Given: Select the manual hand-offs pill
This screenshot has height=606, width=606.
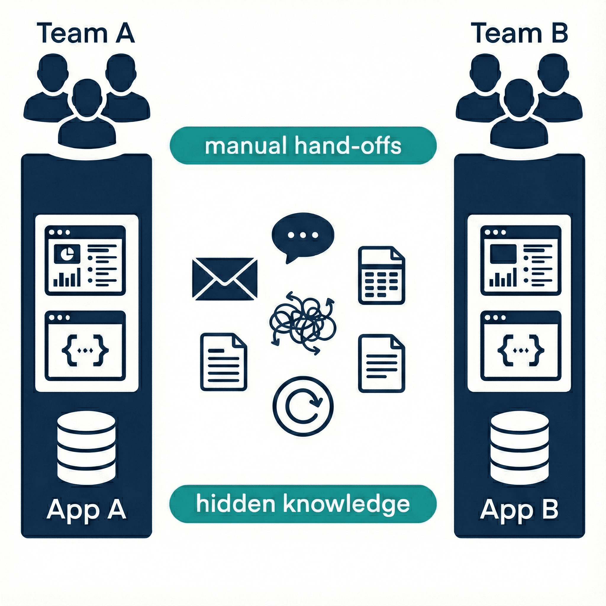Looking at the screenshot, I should pos(303,146).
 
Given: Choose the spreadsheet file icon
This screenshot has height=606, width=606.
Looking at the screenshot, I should pos(381,276).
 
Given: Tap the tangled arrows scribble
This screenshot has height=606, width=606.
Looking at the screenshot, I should pos(303,323).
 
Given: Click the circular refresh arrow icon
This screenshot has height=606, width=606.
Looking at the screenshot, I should pos(303,406).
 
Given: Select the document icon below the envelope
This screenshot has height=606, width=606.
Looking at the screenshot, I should pos(224,362).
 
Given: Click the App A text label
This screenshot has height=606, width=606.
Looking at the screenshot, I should pos(86,509).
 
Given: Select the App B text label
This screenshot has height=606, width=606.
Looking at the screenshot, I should pos(519,509).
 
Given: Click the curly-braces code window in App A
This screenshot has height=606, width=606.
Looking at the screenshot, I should pos(85,346).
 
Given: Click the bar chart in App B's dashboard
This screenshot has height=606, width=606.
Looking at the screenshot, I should pos(503,279).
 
